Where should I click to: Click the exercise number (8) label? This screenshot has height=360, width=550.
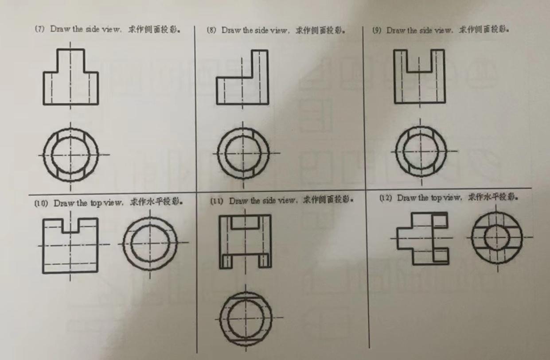(211, 30)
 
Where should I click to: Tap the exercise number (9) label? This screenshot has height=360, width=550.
(377, 31)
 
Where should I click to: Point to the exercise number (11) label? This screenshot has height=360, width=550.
(216, 201)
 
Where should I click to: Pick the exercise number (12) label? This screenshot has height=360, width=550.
(386, 198)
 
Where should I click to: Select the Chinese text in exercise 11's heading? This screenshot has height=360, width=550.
(328, 200)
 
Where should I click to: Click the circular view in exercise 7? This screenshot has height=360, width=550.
(70, 155)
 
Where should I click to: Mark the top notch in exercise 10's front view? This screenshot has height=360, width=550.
(71, 225)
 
